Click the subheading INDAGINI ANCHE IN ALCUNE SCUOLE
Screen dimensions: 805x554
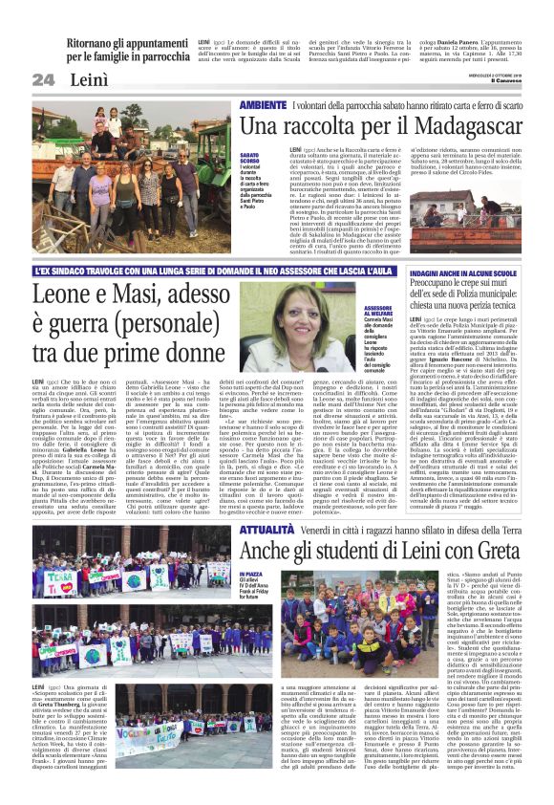click(x=462, y=272)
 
